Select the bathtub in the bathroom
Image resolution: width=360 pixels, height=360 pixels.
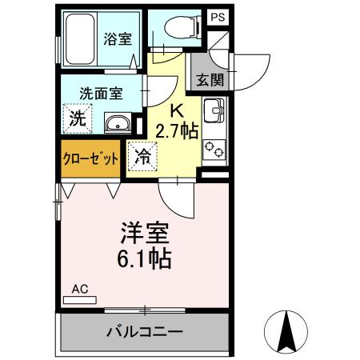[x=80, y=38]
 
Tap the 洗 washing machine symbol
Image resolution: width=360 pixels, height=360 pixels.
[x=76, y=119]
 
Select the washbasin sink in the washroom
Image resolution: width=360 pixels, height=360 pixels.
[x=118, y=122]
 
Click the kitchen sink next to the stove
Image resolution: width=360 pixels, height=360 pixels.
[x=215, y=112]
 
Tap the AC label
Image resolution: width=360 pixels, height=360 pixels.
[x=79, y=289]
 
